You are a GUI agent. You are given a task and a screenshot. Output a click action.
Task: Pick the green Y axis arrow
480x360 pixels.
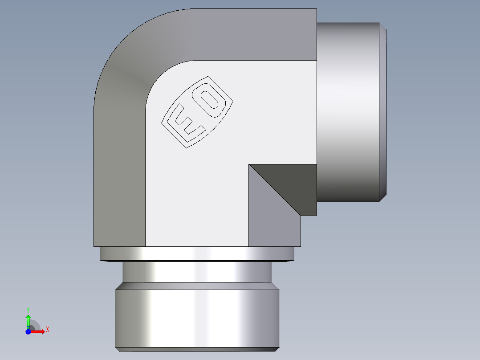(x=28, y=320)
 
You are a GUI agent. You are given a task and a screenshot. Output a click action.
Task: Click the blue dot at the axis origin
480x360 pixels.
(x=28, y=331)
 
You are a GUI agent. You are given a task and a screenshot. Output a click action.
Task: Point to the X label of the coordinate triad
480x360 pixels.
(x=47, y=330)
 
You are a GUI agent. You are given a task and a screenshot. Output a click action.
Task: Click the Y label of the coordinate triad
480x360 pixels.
(x=28, y=309)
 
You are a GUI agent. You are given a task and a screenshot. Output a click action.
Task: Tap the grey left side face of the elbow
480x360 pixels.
(x=119, y=178)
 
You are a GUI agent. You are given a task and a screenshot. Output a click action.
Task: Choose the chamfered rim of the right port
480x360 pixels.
(x=382, y=111)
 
